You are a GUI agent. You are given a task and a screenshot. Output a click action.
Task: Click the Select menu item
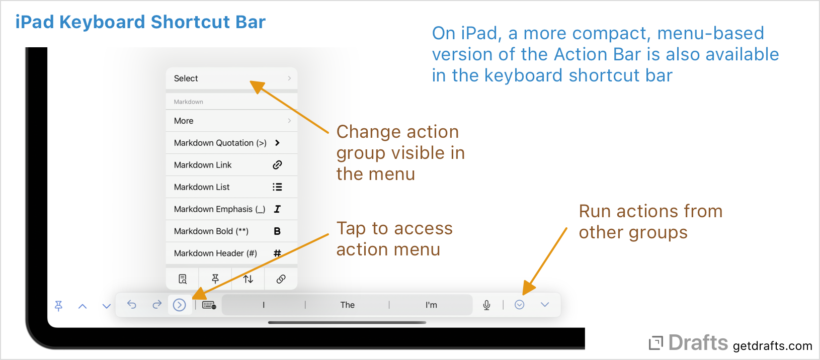(186, 78)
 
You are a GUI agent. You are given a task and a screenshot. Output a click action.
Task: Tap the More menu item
(184, 121)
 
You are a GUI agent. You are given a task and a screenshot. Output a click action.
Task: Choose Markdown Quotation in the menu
(220, 143)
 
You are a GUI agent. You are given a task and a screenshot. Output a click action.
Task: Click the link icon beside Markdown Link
(277, 165)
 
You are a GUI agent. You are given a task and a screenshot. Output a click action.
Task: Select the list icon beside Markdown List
(277, 187)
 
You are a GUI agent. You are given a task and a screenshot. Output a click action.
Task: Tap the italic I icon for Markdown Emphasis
(277, 209)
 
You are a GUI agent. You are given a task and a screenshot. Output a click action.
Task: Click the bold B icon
(277, 231)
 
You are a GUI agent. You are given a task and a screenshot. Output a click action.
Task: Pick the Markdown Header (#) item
(215, 253)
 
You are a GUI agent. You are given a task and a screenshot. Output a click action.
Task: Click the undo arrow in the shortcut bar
(132, 304)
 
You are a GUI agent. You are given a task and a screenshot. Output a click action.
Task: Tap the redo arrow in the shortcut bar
(157, 304)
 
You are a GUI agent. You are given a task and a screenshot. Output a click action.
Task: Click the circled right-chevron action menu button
(179, 305)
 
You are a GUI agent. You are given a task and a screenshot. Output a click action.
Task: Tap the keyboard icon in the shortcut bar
(209, 305)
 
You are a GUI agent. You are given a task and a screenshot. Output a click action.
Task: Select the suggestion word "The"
(347, 305)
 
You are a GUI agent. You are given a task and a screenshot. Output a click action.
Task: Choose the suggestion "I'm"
(431, 305)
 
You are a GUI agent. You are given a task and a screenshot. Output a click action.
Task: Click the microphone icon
(486, 305)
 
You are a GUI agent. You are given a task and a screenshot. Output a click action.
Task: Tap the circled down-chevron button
(520, 305)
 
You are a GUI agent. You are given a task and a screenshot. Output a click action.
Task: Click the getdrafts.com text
(772, 346)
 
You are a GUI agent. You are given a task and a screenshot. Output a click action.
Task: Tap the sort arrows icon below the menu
(248, 279)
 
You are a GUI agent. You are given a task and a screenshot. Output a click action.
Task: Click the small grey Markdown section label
(189, 102)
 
